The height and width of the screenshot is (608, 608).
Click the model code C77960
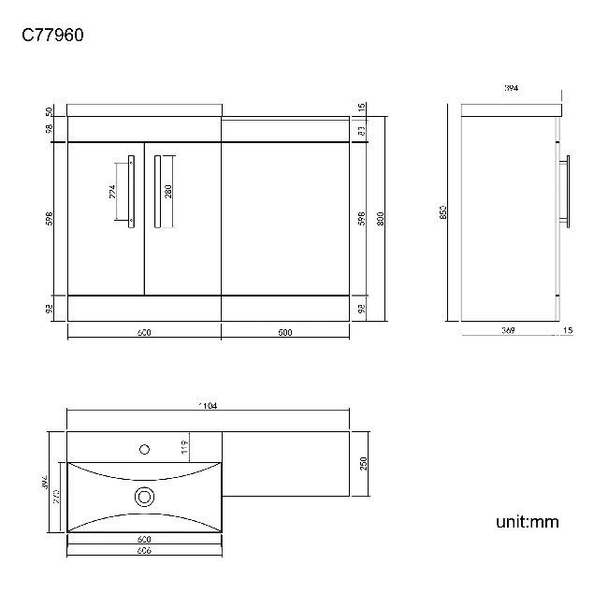pyautogui.click(x=53, y=36)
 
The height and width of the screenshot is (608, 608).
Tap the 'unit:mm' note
pyautogui.click(x=527, y=522)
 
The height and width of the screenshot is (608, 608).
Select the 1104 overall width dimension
pyautogui.click(x=208, y=406)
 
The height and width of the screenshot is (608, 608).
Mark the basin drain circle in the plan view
pyautogui.click(x=144, y=496)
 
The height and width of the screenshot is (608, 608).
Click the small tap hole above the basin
pyautogui.click(x=144, y=448)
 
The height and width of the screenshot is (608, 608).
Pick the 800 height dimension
pyautogui.click(x=380, y=217)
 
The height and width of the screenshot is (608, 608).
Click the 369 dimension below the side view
pyautogui.click(x=509, y=329)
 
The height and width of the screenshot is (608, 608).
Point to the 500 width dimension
pyautogui.click(x=284, y=332)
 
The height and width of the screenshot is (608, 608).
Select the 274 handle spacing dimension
pyautogui.click(x=113, y=192)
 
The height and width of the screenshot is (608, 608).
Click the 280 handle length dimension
pyautogui.click(x=168, y=192)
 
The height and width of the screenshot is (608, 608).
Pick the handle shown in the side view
pyautogui.click(x=564, y=191)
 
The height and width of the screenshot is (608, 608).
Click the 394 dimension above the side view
pyautogui.click(x=511, y=88)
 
